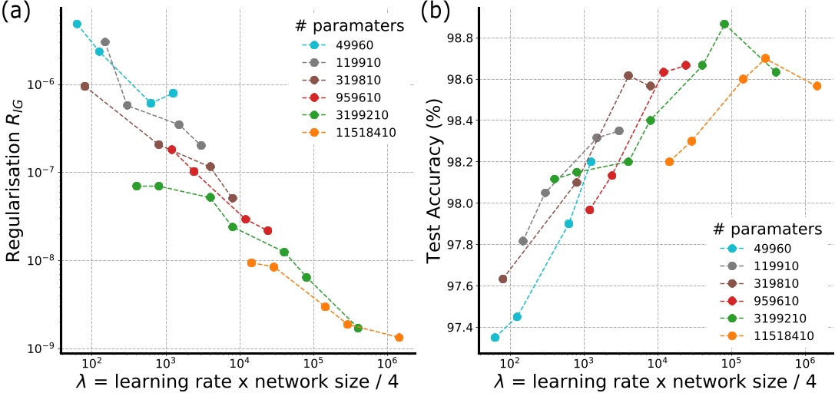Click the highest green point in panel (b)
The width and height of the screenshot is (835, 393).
point(724,24)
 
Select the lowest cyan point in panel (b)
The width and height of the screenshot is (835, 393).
point(495,337)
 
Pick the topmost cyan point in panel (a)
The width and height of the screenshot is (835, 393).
point(77,24)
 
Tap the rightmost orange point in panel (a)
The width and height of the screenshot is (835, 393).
point(399,337)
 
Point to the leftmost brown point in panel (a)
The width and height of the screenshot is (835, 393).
point(84,86)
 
